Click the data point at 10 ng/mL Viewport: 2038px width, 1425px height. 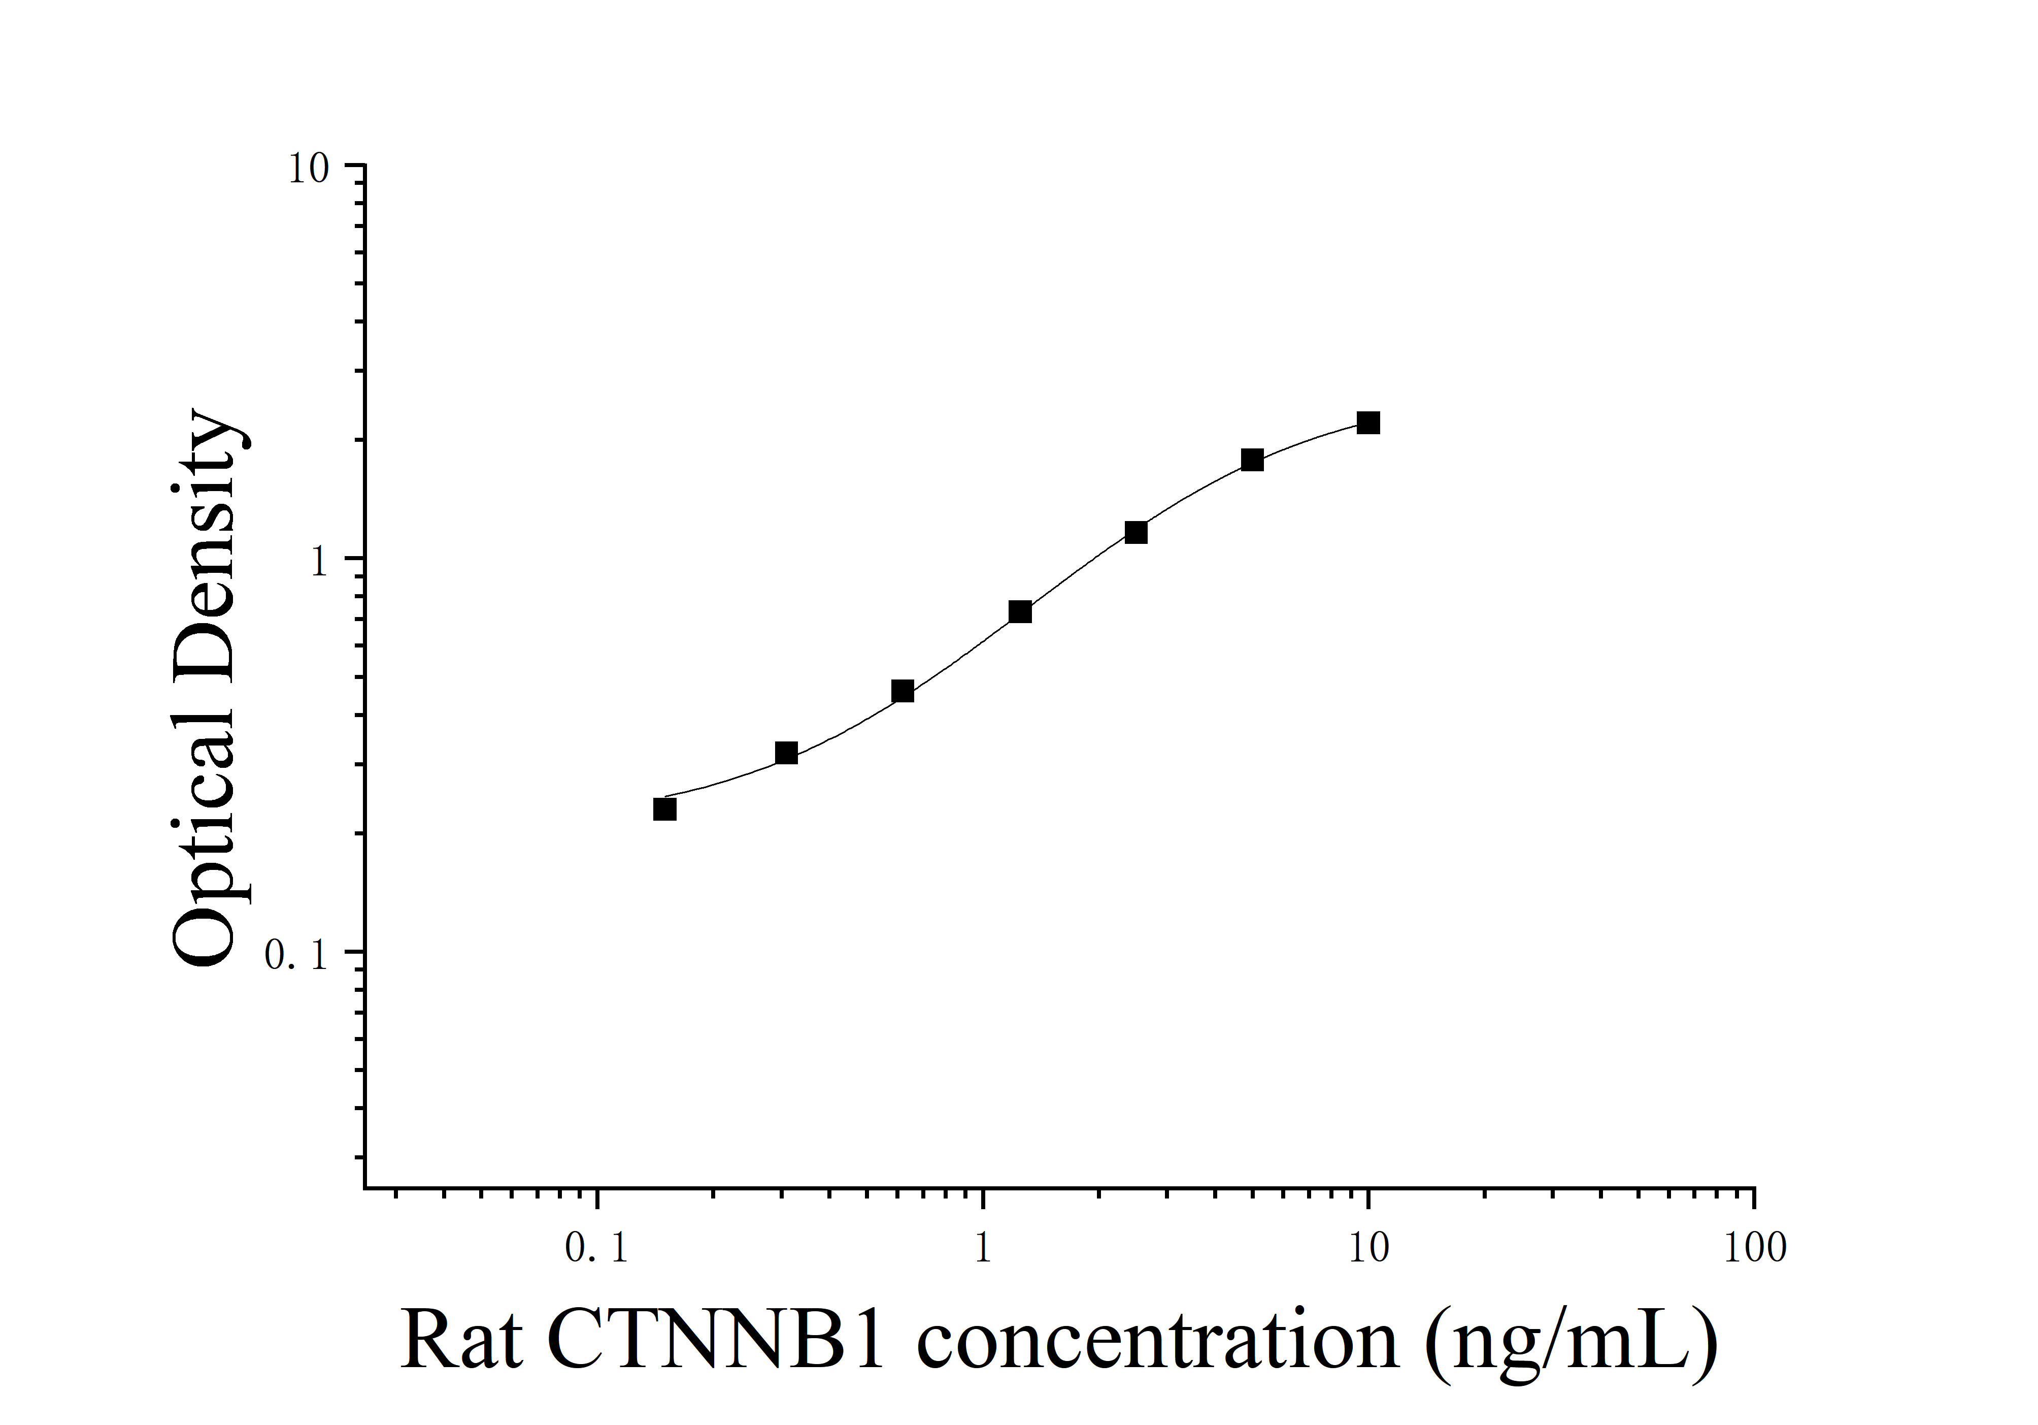coord(1368,423)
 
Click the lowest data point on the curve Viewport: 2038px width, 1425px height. coord(664,809)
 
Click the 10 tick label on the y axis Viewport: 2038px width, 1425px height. coord(307,169)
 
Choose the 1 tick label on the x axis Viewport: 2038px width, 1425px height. coord(982,1248)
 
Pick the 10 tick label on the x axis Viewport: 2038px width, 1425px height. coord(1368,1248)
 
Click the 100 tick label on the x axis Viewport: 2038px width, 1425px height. coord(1754,1248)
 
